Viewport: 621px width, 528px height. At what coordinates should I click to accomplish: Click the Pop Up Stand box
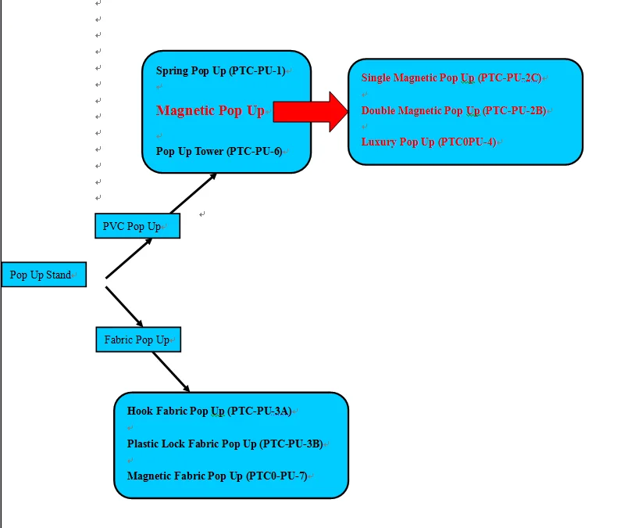43,275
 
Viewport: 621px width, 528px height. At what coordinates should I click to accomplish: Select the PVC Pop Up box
137,226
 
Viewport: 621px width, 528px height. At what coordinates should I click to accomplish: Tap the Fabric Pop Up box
137,339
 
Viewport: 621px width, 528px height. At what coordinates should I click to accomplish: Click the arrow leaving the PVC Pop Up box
193,192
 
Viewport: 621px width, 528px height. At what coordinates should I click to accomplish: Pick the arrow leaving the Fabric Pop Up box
171,372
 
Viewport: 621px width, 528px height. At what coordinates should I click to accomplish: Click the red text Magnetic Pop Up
210,111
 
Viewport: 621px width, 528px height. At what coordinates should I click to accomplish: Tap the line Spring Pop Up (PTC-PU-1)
220,71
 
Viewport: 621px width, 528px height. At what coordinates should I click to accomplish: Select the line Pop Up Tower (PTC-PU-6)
219,152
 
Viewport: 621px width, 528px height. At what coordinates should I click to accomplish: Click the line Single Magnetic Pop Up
451,78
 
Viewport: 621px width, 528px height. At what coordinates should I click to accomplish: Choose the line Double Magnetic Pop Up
453,111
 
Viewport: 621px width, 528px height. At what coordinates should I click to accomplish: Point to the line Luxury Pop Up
428,142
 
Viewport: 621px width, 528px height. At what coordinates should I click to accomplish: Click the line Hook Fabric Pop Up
209,411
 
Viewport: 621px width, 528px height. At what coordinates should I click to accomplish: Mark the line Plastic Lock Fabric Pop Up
224,444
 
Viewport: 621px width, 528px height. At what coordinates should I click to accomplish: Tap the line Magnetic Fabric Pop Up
216,476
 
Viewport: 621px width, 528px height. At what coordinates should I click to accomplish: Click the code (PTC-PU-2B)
514,111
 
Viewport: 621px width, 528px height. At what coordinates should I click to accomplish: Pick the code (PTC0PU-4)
466,142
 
